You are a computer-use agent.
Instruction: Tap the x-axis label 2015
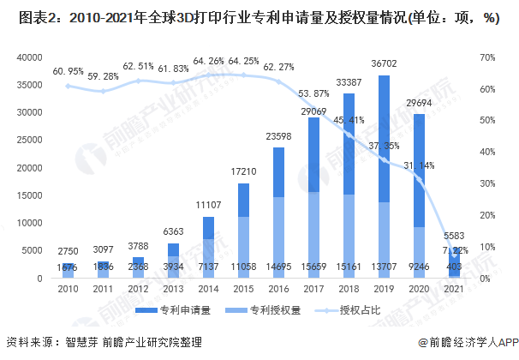click(x=243, y=289)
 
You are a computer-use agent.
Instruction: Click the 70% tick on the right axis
click(x=487, y=57)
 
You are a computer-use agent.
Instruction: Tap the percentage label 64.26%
click(x=210, y=62)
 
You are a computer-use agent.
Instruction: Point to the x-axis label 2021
click(x=454, y=289)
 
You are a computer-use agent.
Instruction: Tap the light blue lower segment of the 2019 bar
click(x=384, y=240)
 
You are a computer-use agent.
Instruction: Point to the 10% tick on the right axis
click(x=487, y=247)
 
